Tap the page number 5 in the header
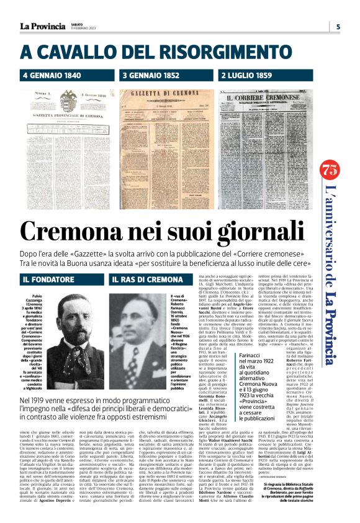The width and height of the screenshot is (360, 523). [338, 27]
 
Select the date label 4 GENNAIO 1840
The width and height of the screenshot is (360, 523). [52, 76]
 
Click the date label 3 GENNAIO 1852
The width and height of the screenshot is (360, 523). [150, 76]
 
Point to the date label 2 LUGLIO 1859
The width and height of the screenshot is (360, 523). [248, 76]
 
